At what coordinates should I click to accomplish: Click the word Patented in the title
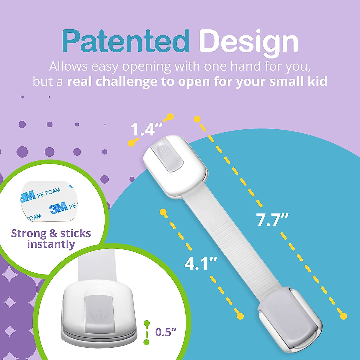(126, 41)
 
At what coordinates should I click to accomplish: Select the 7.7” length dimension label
(272, 220)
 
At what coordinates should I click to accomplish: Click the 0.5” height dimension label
(166, 332)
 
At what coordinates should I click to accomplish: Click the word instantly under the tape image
(51, 244)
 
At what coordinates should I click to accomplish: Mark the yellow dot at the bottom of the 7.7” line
(344, 316)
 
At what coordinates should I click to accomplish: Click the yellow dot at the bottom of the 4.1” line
(240, 316)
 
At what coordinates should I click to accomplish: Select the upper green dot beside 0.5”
(147, 323)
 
